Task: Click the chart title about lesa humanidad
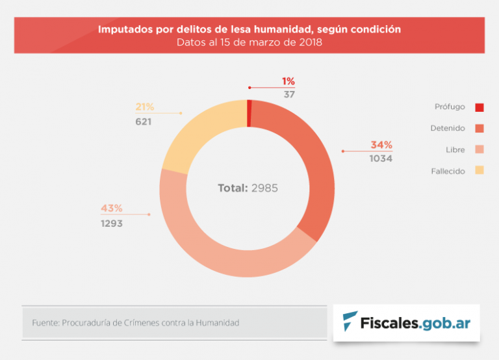click(x=249, y=29)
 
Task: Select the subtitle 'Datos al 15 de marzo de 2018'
click(x=249, y=43)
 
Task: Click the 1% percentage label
click(x=288, y=81)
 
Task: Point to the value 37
click(x=289, y=94)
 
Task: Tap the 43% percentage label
click(x=111, y=209)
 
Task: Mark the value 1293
click(x=111, y=223)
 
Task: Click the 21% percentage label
click(x=144, y=107)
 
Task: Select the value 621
click(x=144, y=122)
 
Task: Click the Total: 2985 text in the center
click(x=248, y=188)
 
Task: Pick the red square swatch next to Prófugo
click(x=480, y=107)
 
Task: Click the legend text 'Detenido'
click(x=448, y=129)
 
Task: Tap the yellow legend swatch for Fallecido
click(x=480, y=171)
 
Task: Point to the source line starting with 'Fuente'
click(x=136, y=322)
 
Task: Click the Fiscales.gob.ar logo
click(x=407, y=322)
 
